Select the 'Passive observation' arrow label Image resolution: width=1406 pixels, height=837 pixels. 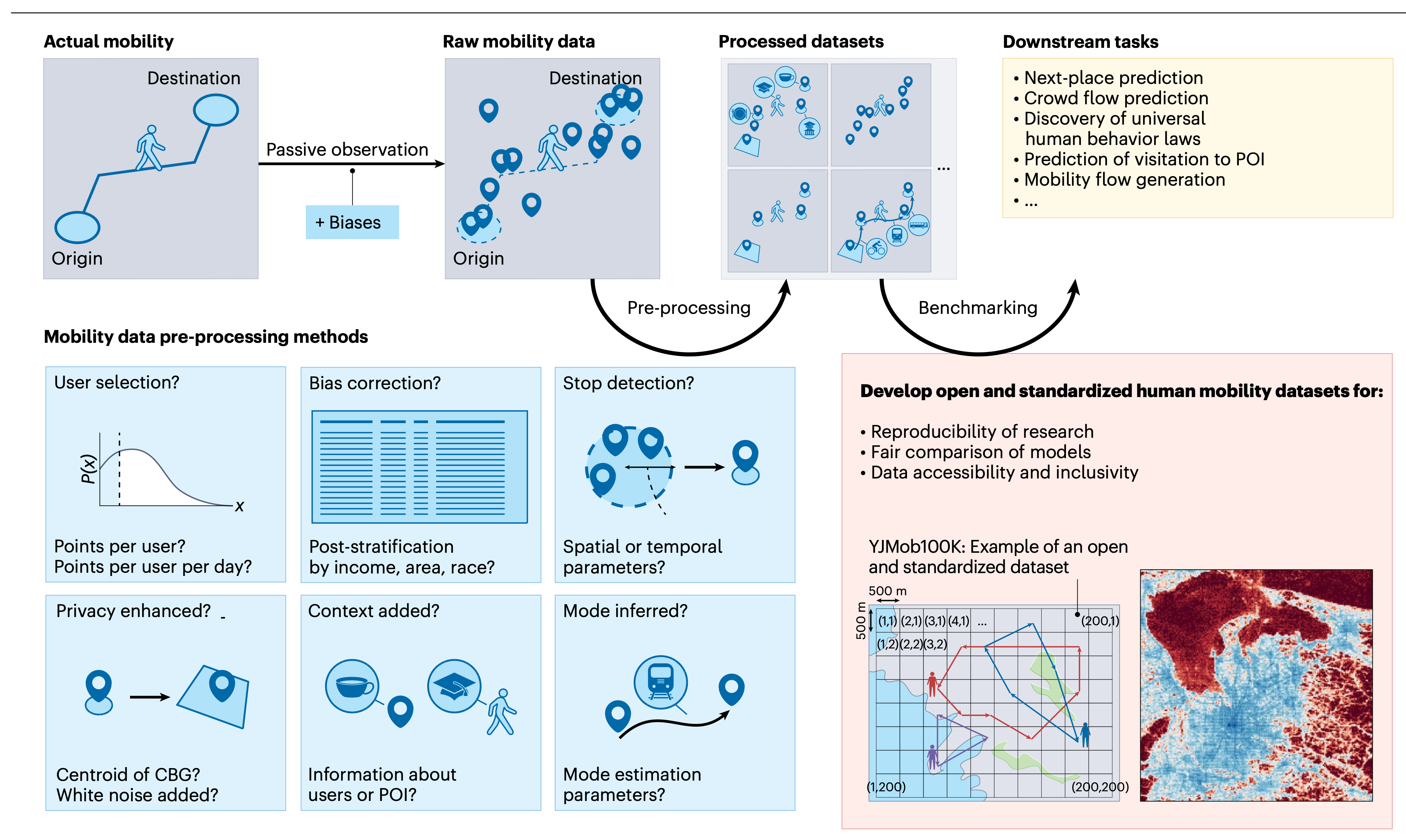pos(347,150)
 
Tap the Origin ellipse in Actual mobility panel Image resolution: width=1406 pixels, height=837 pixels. pos(77,227)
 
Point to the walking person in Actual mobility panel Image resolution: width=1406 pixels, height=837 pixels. pos(150,148)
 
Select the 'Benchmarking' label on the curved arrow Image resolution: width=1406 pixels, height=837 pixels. pos(977,307)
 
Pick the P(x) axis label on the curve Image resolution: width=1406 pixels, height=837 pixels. pos(89,469)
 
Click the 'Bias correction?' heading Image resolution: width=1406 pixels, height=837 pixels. pos(375,383)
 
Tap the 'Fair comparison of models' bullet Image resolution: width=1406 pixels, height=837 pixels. pos(980,452)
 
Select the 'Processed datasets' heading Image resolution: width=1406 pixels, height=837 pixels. pos(801,42)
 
